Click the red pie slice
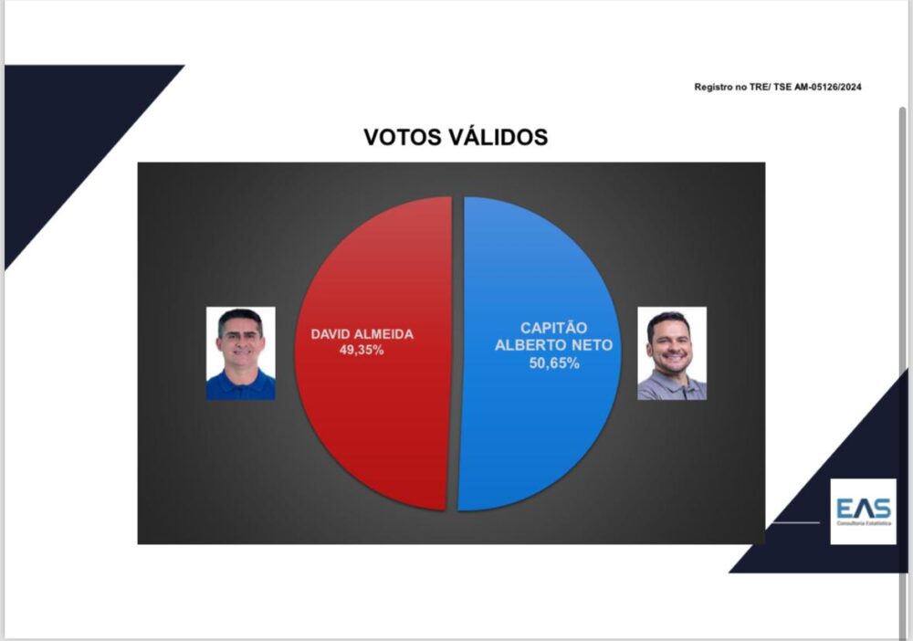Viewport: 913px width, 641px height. click(x=373, y=407)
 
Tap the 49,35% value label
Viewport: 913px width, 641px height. click(x=362, y=350)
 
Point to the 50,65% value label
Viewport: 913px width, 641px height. click(x=554, y=363)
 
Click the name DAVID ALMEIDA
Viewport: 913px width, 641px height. click(x=362, y=334)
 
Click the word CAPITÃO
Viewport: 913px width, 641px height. click(x=554, y=328)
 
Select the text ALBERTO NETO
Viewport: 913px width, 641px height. click(x=554, y=345)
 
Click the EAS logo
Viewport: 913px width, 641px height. click(x=863, y=511)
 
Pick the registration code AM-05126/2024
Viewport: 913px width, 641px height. click(x=827, y=88)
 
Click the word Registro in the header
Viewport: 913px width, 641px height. click(x=713, y=88)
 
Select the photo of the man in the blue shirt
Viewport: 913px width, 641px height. click(x=240, y=353)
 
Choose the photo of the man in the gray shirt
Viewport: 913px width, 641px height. click(x=672, y=353)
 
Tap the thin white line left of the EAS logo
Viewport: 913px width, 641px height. click(x=795, y=522)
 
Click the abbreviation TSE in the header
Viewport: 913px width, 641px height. click(x=782, y=88)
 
